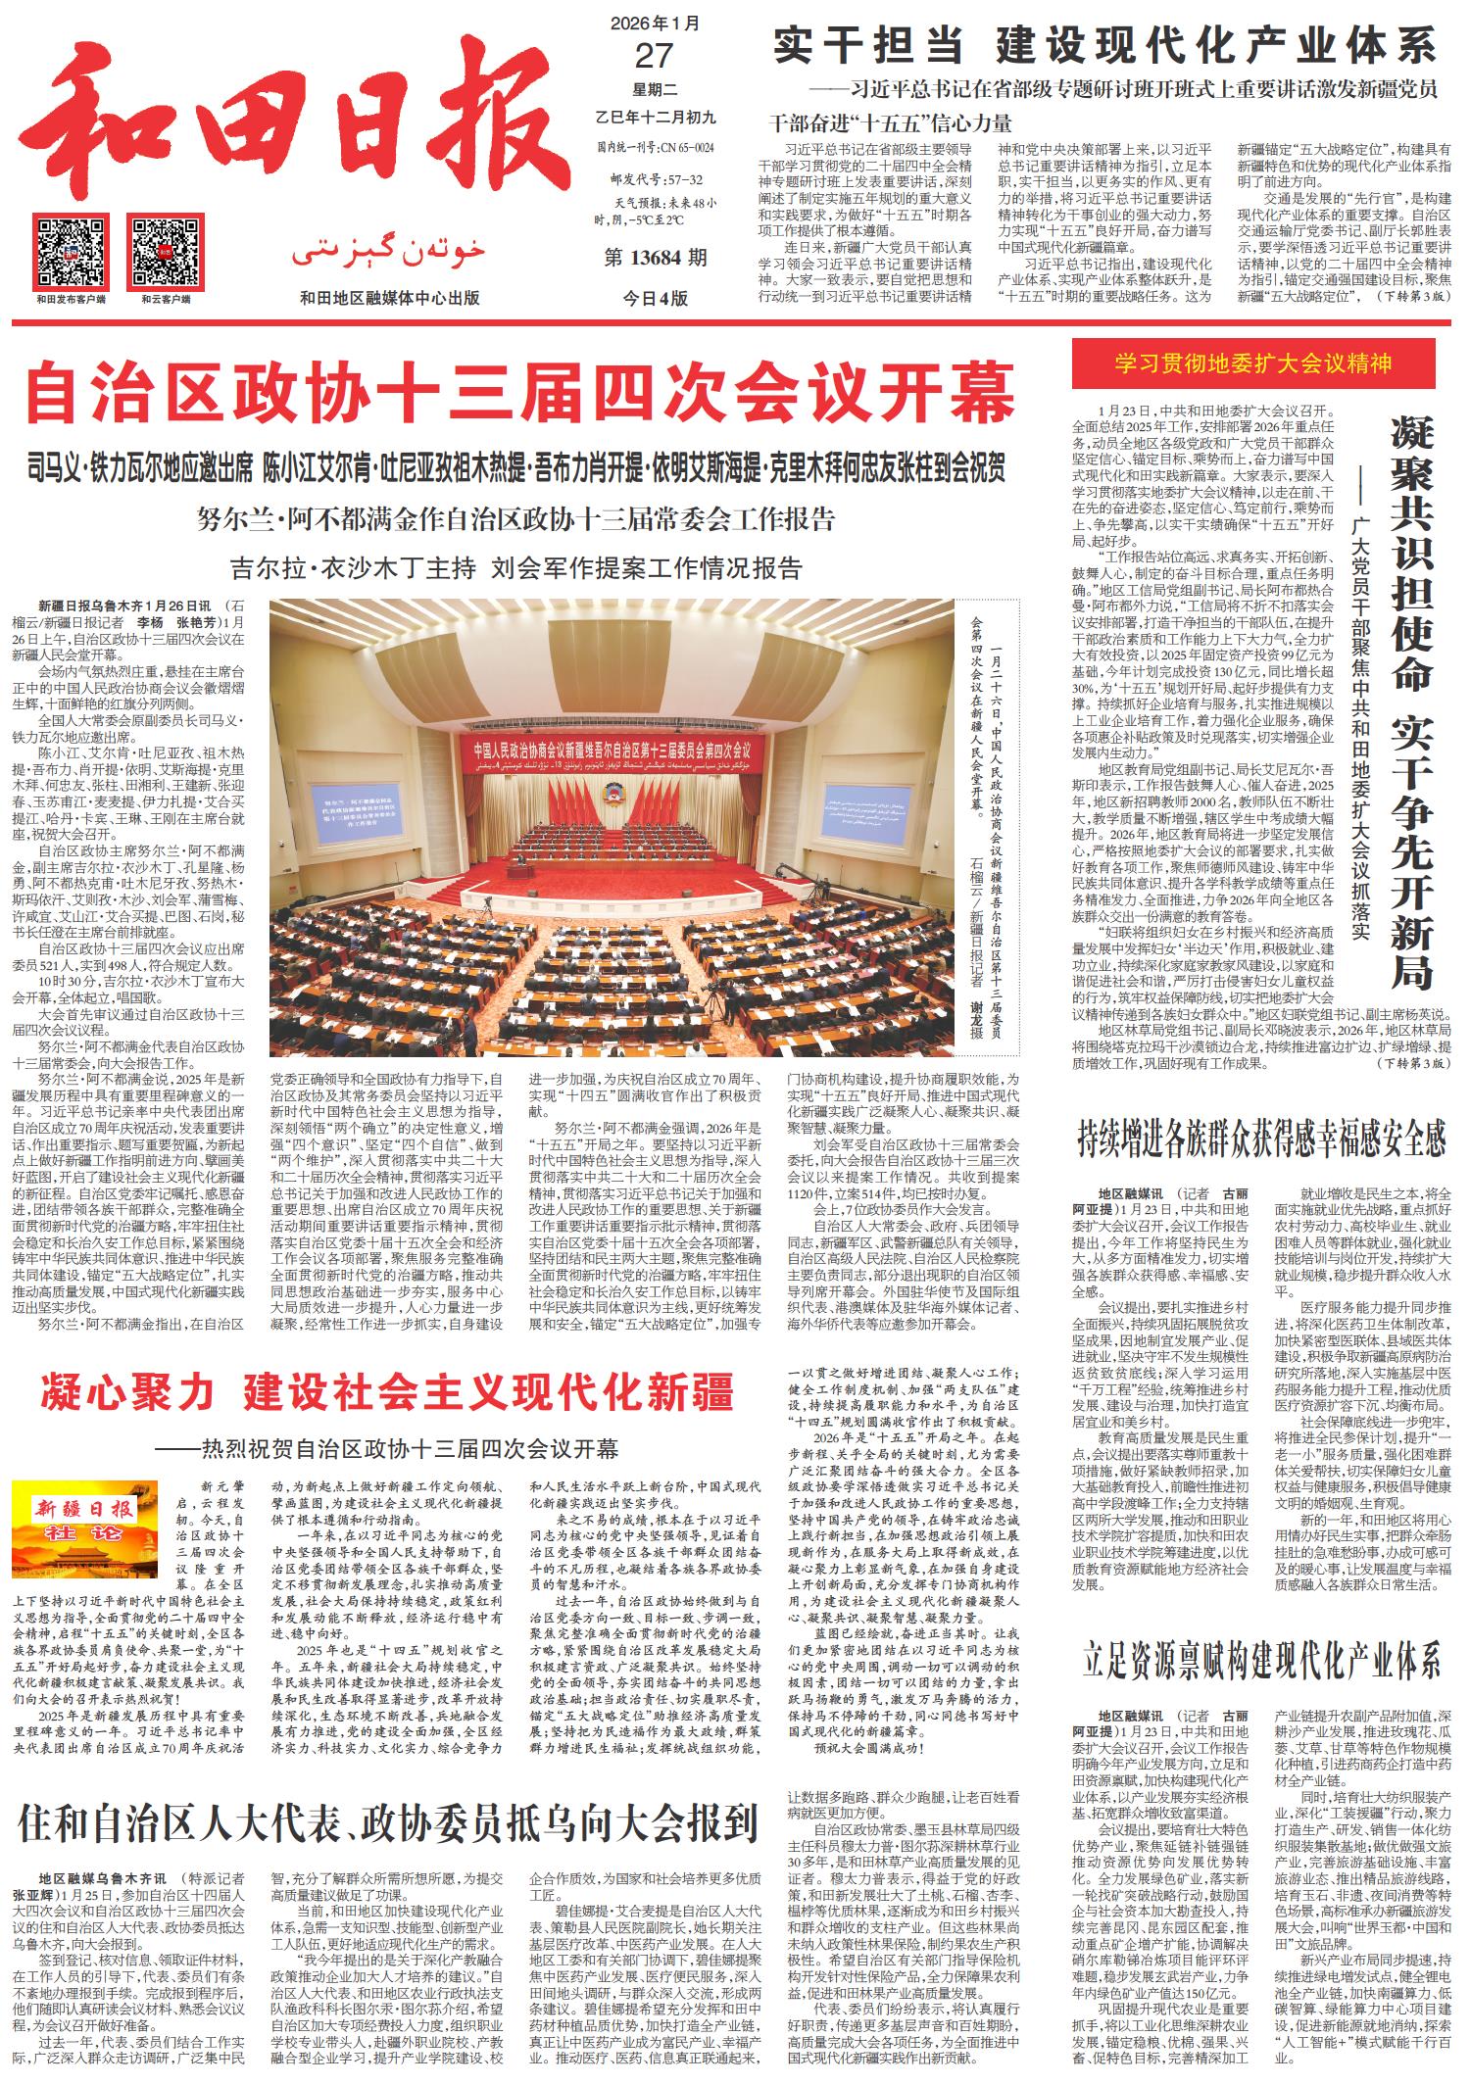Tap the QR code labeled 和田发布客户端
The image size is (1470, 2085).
coord(70,249)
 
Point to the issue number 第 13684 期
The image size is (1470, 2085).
coord(656,259)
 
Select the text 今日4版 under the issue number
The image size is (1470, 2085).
coord(656,298)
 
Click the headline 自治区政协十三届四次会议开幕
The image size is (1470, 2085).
coord(519,391)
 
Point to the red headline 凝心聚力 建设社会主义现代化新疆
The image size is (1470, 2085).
coord(386,1392)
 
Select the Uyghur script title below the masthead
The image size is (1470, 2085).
coord(388,255)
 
